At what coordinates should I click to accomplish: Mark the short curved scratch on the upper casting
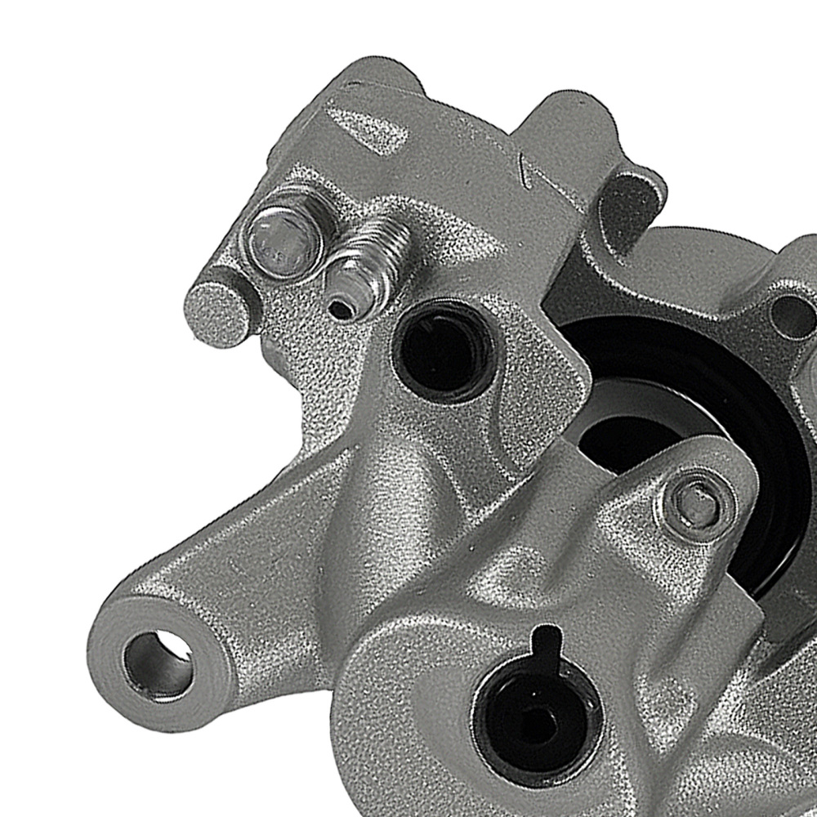pyautogui.click(x=523, y=170)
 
